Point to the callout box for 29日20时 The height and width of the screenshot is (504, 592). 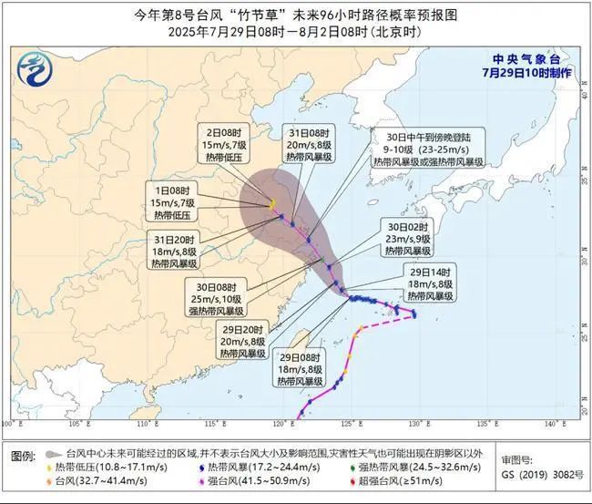tap(242, 341)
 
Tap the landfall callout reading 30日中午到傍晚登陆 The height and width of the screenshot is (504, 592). tap(427, 148)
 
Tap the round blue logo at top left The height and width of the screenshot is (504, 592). tap(36, 67)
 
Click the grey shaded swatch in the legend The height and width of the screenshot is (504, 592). tap(53, 453)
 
